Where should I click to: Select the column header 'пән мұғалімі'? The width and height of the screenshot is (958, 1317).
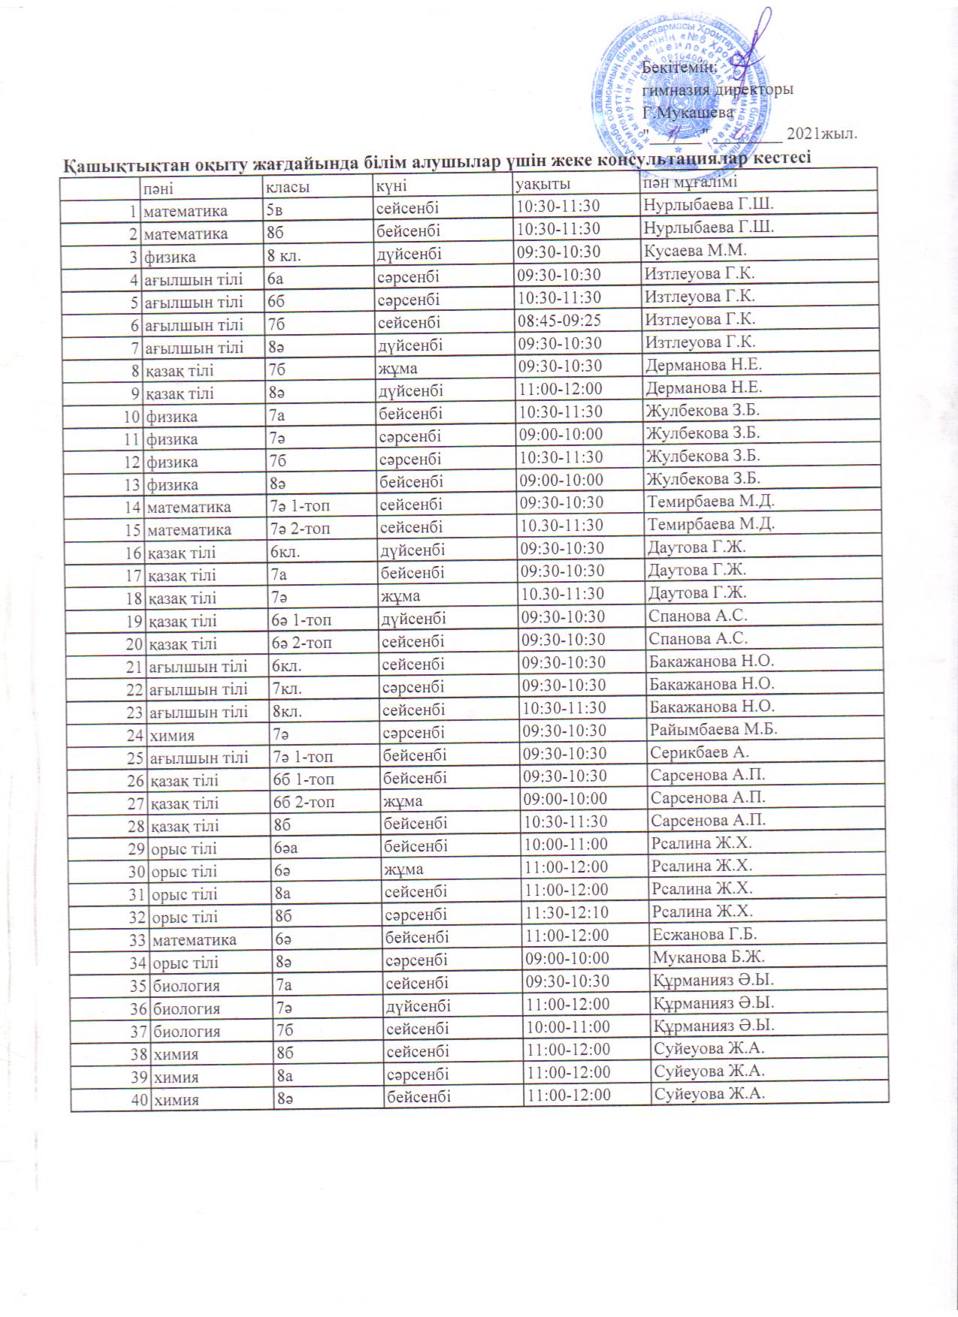click(689, 182)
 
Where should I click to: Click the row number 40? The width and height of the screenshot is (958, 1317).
click(140, 1099)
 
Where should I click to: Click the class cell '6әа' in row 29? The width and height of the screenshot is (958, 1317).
click(286, 845)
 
